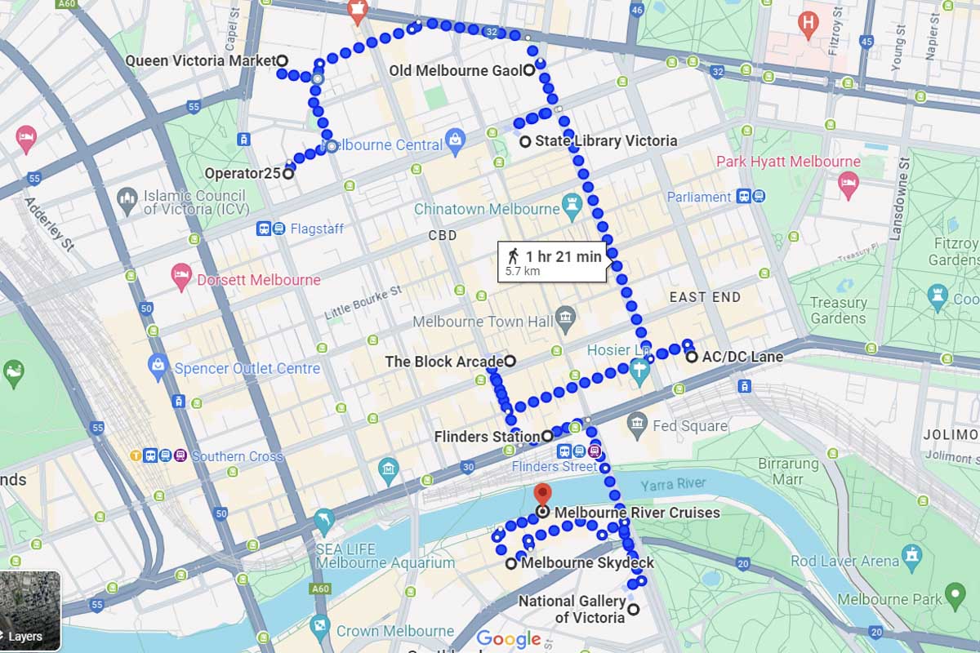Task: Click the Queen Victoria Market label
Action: click(x=200, y=60)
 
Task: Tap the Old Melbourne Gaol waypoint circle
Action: click(x=528, y=70)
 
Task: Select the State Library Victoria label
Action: click(x=605, y=141)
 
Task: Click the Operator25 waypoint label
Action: click(x=243, y=173)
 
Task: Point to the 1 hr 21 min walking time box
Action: click(x=552, y=262)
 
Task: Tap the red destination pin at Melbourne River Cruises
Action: click(x=541, y=495)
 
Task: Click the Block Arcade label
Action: click(x=443, y=361)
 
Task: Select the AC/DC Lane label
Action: click(x=742, y=357)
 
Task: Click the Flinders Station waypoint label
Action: click(x=487, y=437)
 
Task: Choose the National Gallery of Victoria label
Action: click(x=572, y=610)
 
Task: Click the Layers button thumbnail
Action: click(x=30, y=611)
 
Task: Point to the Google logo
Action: click(x=508, y=639)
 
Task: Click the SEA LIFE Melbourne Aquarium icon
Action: click(x=324, y=520)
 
